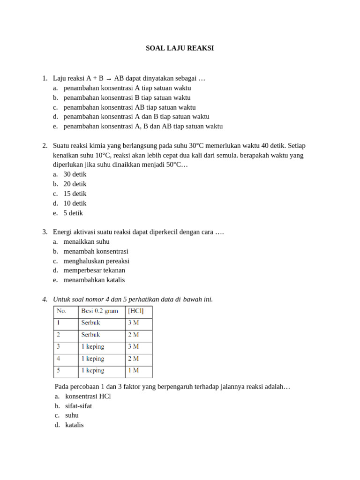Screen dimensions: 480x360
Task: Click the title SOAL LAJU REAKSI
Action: pos(180,48)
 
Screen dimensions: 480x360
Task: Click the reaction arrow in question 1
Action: pos(109,79)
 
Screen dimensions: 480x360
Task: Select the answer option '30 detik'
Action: pos(75,174)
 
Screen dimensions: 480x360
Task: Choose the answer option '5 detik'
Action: pos(73,213)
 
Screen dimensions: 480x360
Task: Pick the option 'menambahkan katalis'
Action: pos(94,280)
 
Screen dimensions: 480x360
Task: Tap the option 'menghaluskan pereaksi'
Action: pos(97,261)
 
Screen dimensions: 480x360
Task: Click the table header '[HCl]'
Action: pos(136,311)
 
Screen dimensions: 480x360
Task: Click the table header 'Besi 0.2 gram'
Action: pos(99,311)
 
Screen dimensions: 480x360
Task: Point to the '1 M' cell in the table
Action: pos(133,370)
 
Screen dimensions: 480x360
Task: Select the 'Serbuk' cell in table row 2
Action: pos(91,335)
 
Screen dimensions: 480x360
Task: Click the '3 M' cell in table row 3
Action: pos(133,347)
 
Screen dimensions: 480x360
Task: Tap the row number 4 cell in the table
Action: pos(59,359)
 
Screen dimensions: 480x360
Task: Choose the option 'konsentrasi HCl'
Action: pos(88,396)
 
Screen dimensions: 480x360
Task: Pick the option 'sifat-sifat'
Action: pos(79,406)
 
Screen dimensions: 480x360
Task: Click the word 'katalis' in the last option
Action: pos(75,425)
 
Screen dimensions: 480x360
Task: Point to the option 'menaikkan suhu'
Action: pos(87,242)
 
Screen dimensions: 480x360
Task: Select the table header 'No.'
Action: pos(61,311)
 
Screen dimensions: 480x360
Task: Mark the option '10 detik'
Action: pos(75,203)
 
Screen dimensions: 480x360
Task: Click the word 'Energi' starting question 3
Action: pos(63,232)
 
